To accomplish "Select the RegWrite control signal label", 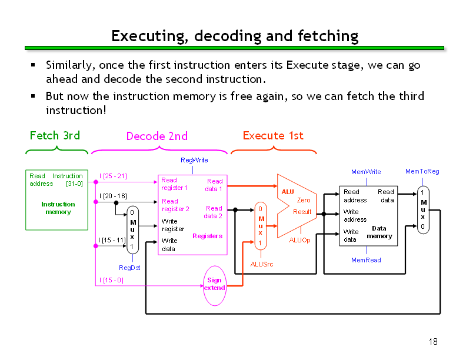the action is tap(194, 160).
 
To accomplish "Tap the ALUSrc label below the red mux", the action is tap(261, 264).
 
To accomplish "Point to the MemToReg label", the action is tap(422, 171).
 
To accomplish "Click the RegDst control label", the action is tap(129, 268).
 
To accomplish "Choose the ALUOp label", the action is tap(299, 240).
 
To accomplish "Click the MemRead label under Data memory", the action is tap(366, 260).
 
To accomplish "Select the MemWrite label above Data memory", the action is tap(366, 172).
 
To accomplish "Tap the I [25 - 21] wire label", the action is tap(113, 176).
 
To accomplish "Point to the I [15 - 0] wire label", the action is tap(111, 280).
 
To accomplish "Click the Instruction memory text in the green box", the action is tap(58, 208).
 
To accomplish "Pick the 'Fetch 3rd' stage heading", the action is tap(55, 135).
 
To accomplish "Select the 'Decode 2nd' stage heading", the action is tap(157, 136).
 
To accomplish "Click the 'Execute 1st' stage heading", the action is tap(273, 135).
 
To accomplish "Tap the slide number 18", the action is tap(433, 342).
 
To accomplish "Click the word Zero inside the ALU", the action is tap(304, 200).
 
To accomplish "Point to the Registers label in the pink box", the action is tap(208, 236).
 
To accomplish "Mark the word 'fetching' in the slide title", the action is tap(328, 36).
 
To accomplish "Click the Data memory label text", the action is tap(380, 232).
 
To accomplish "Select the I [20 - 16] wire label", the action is tap(113, 196).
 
